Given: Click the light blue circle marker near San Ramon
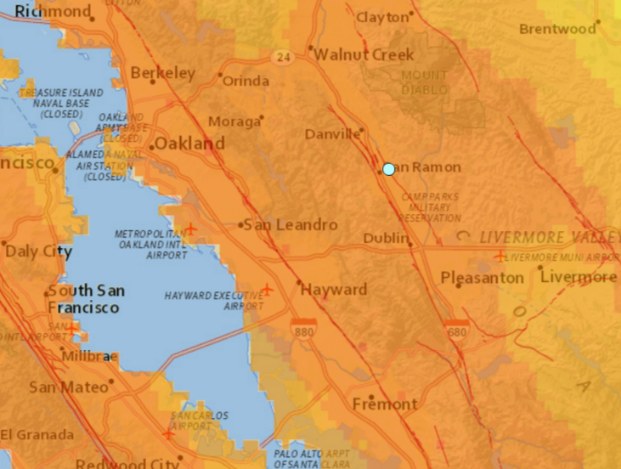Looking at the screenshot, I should (388, 169).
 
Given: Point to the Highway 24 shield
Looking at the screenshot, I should (283, 56).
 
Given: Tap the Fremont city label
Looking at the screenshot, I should (385, 404).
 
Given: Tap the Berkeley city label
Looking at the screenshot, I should (164, 73).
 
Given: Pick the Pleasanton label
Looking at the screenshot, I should (482, 278).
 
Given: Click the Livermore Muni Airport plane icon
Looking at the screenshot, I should (500, 256).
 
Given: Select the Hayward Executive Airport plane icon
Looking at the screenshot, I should (268, 290).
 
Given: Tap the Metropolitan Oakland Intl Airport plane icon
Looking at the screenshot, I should (190, 229).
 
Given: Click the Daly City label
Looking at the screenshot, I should (31, 251).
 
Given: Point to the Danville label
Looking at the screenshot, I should (332, 134).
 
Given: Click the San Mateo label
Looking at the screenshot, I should (59, 387).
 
